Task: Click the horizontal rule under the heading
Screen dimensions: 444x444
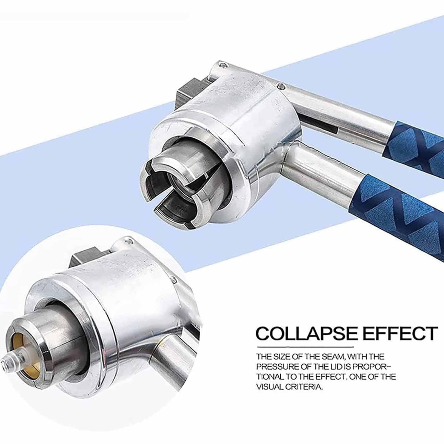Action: pyautogui.click(x=305, y=347)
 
